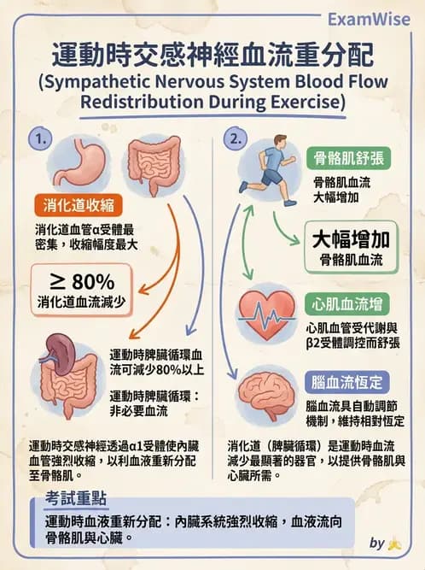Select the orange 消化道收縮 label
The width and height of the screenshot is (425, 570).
click(80, 206)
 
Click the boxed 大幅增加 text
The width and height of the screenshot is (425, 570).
click(349, 238)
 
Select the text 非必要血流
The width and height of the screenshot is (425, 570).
click(139, 412)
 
